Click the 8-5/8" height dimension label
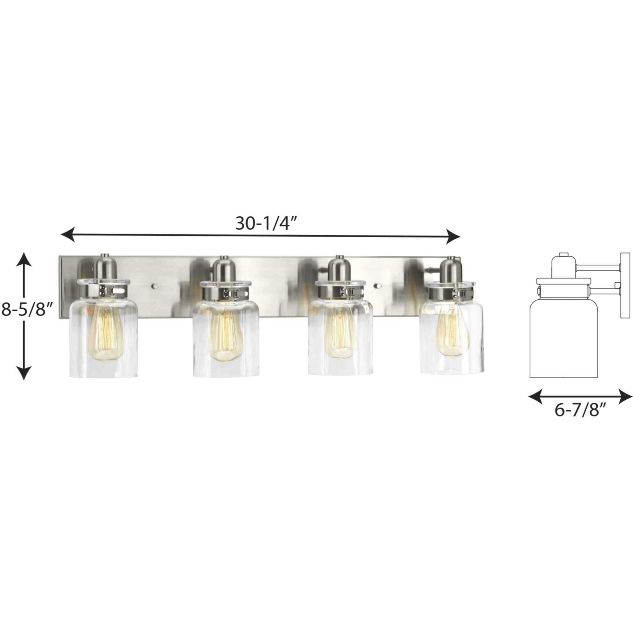(x=27, y=309)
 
